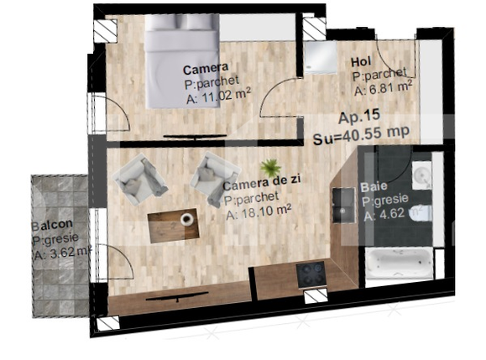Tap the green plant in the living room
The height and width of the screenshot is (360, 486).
click(x=269, y=167)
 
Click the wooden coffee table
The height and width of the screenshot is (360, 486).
click(x=172, y=224)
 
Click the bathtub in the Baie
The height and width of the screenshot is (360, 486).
click(x=399, y=263)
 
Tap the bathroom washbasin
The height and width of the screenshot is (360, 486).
click(x=422, y=175)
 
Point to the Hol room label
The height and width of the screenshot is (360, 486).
click(x=361, y=60)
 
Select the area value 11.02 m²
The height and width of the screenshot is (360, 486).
click(x=216, y=97)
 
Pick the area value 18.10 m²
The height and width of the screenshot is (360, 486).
click(x=258, y=214)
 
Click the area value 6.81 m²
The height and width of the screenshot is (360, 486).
click(x=382, y=86)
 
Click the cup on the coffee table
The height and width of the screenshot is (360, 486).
click(x=186, y=219)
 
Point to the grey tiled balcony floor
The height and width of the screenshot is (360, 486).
click(x=59, y=277)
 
